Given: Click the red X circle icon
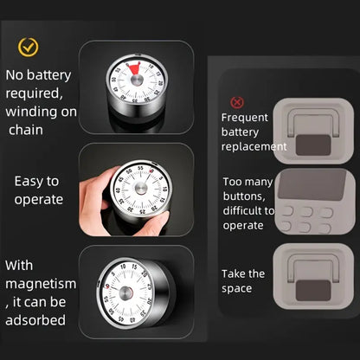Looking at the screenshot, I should (x=236, y=102).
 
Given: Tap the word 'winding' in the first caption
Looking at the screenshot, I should (x=33, y=111).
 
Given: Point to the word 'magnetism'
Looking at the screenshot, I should (x=41, y=284).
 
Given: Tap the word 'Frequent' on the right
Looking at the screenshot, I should (x=245, y=118).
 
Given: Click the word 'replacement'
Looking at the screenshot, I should (x=254, y=147).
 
